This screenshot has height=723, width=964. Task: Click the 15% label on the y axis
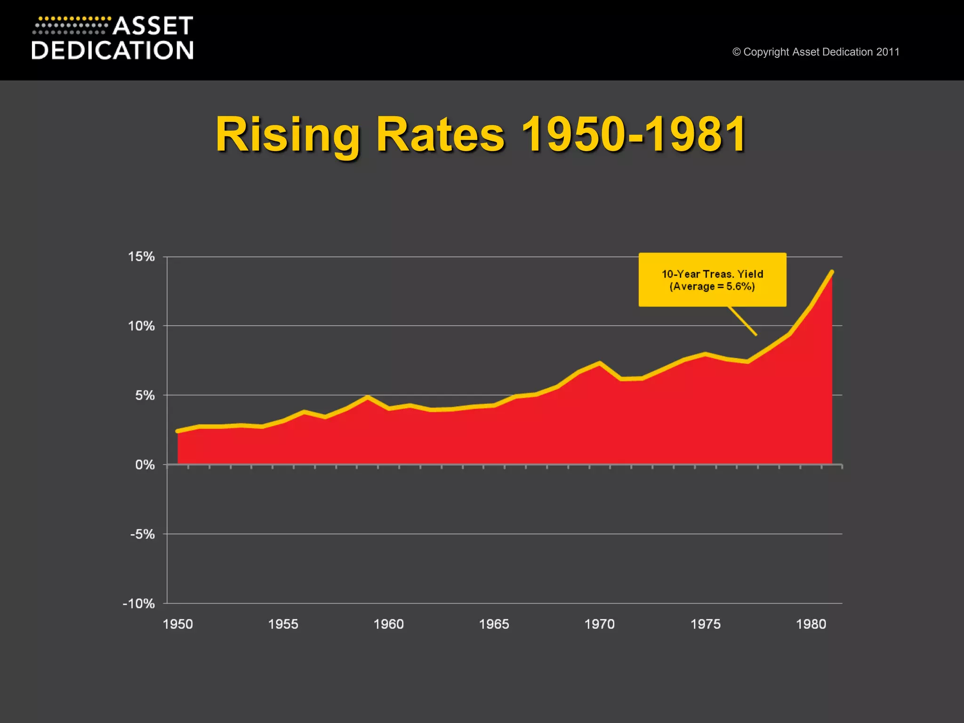pyautogui.click(x=141, y=257)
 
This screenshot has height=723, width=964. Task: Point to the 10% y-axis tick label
pyautogui.click(x=141, y=326)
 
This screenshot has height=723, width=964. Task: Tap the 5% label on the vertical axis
pyautogui.click(x=145, y=395)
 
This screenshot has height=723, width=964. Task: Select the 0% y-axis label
pyautogui.click(x=145, y=465)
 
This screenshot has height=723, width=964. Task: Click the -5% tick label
pyautogui.click(x=143, y=534)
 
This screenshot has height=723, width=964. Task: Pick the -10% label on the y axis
pyautogui.click(x=139, y=603)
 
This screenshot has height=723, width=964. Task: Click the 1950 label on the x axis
pyautogui.click(x=178, y=624)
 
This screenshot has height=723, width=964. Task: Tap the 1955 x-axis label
pyautogui.click(x=283, y=624)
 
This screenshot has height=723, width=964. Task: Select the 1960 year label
pyautogui.click(x=389, y=624)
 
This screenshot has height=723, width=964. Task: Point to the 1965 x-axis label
pyautogui.click(x=494, y=624)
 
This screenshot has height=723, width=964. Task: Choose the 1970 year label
pyautogui.click(x=600, y=624)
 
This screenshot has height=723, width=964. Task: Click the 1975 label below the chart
pyautogui.click(x=706, y=624)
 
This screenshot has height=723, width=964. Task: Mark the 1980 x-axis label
pyautogui.click(x=811, y=624)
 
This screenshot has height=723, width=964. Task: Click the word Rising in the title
pyautogui.click(x=288, y=135)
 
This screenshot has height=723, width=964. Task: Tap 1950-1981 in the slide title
pyautogui.click(x=634, y=135)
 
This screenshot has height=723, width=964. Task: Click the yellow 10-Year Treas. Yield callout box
pyautogui.click(x=712, y=280)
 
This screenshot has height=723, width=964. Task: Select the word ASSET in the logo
pyautogui.click(x=153, y=26)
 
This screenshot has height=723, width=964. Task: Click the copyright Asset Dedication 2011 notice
pyautogui.click(x=816, y=52)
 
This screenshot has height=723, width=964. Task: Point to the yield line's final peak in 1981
pyautogui.click(x=832, y=272)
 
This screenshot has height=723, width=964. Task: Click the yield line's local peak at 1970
pyautogui.click(x=600, y=363)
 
